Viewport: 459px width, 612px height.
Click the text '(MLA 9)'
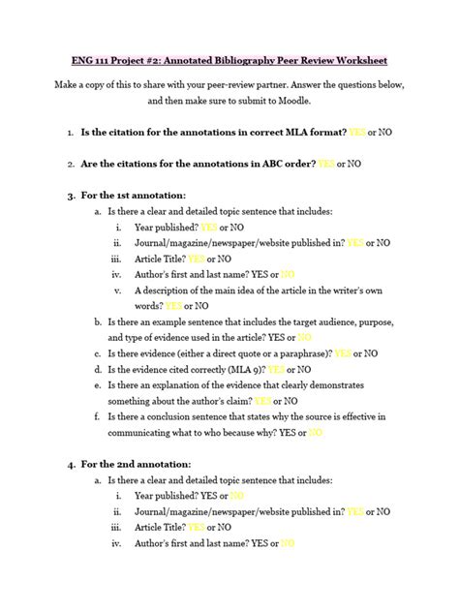[x=239, y=369]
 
